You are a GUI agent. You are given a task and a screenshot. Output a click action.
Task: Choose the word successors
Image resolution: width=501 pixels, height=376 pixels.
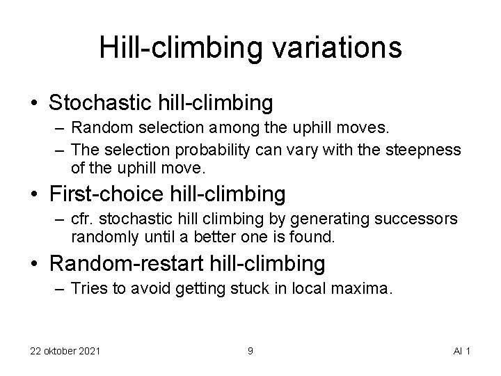tap(416, 219)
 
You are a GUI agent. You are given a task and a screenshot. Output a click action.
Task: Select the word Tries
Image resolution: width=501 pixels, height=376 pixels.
tap(88, 290)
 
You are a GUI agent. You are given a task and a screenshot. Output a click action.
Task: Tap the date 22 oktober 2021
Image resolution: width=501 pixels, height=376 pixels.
tap(65, 350)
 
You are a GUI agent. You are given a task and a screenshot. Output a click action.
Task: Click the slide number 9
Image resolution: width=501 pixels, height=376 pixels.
tap(250, 350)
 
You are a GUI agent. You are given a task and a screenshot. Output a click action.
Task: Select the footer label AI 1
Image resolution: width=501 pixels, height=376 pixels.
tap(462, 350)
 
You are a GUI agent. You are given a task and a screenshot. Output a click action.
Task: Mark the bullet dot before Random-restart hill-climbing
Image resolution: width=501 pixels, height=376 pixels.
tap(34, 265)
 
